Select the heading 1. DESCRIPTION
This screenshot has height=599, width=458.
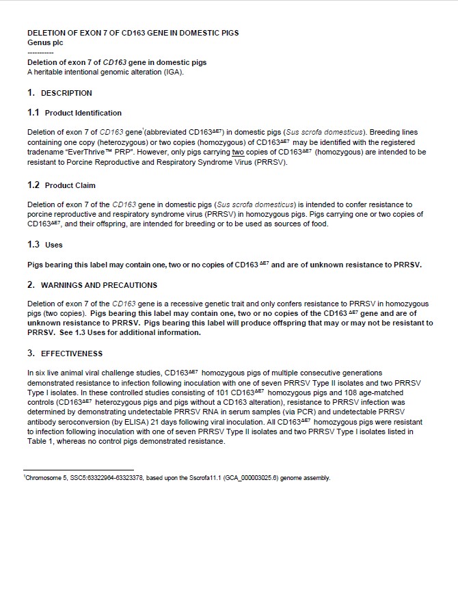point(59,93)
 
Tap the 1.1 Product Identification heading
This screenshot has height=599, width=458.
point(75,113)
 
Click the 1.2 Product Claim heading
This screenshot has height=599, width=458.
point(62,185)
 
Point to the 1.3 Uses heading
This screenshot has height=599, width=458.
point(45,244)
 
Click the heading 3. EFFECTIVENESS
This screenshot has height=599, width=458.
point(65,354)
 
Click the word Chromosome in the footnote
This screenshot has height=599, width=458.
point(42,478)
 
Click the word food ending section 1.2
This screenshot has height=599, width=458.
point(319,224)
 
